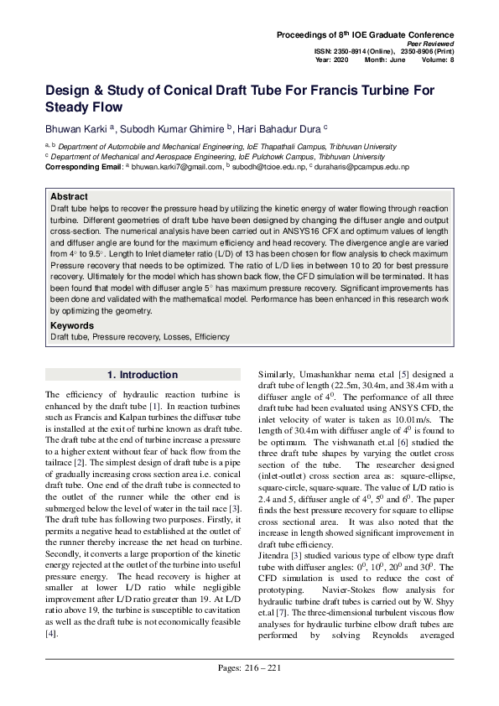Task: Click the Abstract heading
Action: coord(69,195)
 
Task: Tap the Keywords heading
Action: coord(71,325)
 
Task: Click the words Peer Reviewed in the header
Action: coord(431,43)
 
